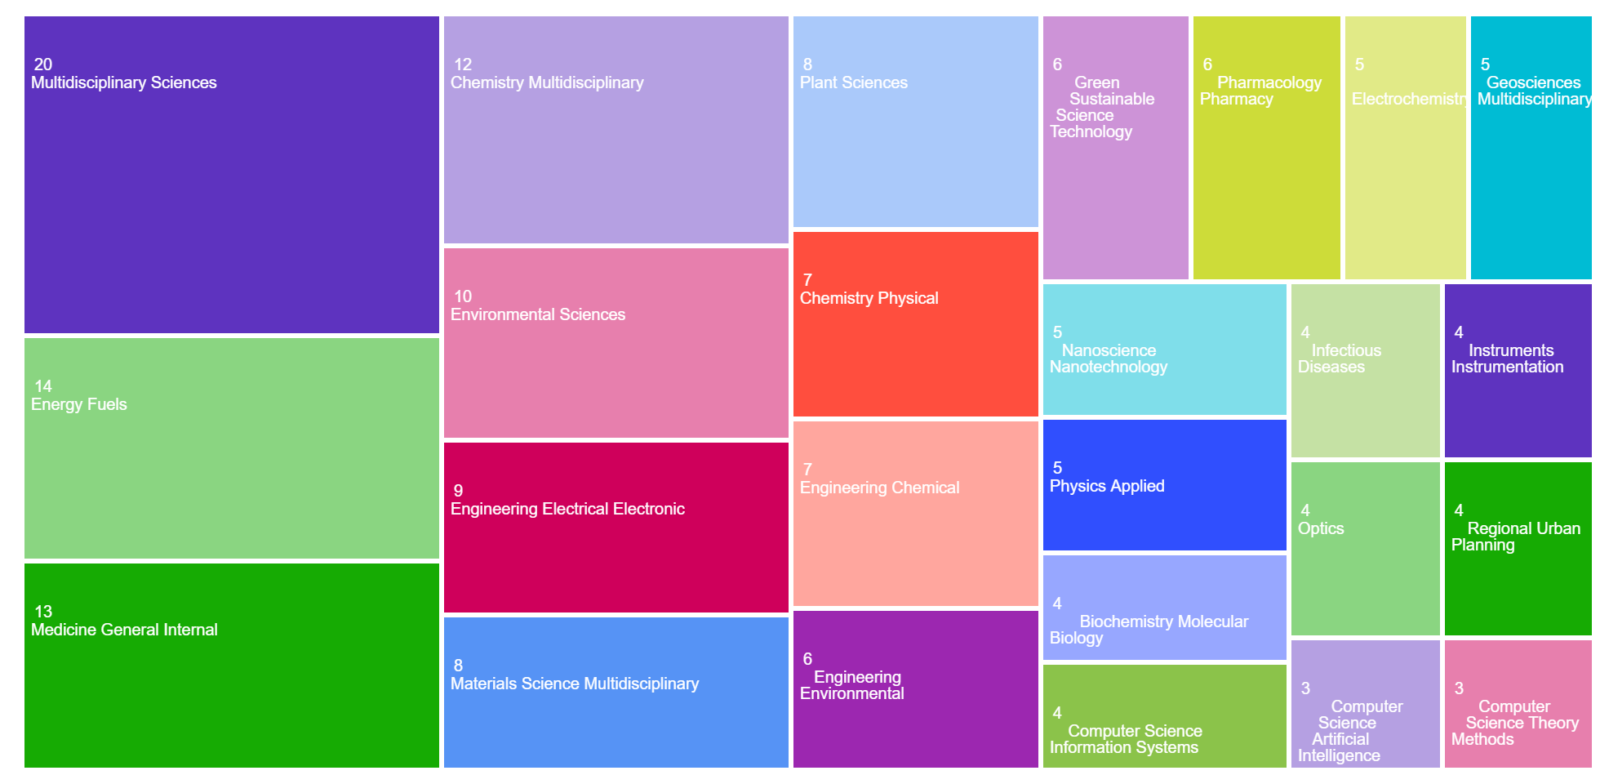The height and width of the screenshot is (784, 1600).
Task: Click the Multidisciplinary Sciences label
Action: point(124,82)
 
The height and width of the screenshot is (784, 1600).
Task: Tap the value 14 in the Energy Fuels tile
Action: point(43,386)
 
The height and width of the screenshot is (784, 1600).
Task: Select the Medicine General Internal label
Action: point(124,630)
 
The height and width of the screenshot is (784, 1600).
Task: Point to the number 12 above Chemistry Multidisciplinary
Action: point(463,65)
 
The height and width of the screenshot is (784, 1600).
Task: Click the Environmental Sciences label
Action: point(538,314)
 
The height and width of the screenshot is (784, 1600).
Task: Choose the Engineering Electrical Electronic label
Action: point(567,509)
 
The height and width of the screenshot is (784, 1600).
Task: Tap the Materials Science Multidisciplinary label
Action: point(575,684)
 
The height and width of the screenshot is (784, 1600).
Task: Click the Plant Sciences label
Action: point(854,82)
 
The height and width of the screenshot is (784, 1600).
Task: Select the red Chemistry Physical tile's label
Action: point(869,298)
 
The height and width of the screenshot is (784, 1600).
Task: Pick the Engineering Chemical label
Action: point(880,488)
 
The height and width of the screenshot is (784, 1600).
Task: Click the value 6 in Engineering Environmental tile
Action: point(807,659)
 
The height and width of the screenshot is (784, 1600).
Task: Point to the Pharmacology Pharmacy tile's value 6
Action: point(1207,65)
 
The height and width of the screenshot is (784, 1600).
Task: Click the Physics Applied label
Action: point(1107,486)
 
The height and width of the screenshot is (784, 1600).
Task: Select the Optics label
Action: point(1321,528)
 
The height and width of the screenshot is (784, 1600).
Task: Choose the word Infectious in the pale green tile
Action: point(1346,350)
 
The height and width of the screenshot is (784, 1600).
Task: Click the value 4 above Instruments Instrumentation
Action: point(1459,332)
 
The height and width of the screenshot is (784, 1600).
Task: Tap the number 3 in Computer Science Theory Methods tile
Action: point(1459,688)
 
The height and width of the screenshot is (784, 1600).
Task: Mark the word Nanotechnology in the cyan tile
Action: point(1109,367)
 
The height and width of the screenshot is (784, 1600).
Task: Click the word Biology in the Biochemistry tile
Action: point(1076,638)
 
